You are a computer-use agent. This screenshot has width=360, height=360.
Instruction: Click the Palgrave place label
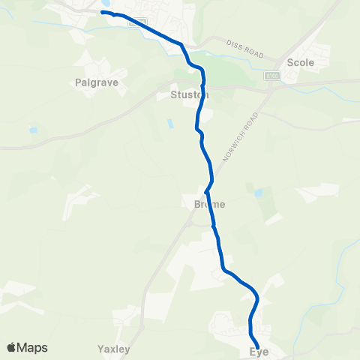97,82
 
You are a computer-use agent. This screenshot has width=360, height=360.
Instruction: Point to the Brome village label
204,203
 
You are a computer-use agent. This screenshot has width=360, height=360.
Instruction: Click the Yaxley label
114,349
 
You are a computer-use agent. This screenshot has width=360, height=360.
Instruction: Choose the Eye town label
259,351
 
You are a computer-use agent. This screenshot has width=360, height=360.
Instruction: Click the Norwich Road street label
241,139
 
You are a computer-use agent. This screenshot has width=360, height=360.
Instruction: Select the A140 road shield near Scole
271,76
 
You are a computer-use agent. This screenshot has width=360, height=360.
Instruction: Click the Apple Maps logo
27,347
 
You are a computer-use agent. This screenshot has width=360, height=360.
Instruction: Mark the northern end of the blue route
103,13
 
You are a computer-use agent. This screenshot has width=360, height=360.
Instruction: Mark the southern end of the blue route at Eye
257,345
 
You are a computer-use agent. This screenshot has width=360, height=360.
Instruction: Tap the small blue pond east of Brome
259,193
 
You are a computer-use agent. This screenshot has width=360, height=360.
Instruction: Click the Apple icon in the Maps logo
11,347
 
